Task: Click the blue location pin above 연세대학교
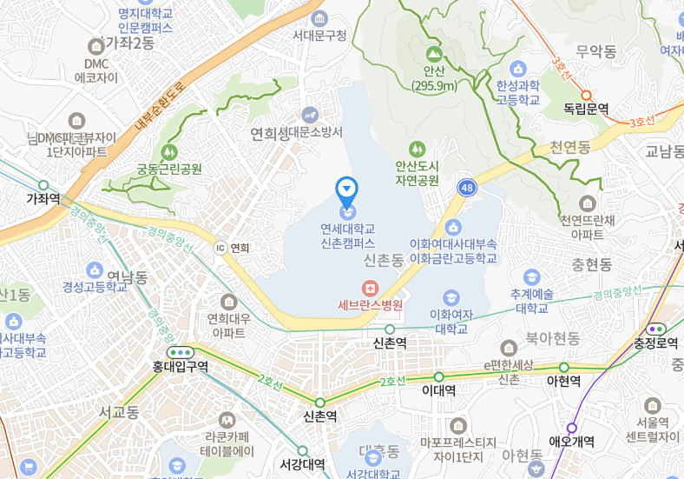[346, 187]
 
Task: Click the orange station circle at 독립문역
[586, 95]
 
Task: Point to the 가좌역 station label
[43, 198]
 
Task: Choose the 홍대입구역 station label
[179, 368]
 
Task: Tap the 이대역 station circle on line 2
[438, 376]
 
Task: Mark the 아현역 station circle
[563, 368]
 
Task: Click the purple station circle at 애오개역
[571, 428]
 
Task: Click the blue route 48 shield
[467, 188]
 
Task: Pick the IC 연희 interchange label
[233, 248]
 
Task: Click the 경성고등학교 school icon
[94, 269]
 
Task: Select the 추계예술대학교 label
[533, 301]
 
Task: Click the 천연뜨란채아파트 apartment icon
[588, 203]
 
